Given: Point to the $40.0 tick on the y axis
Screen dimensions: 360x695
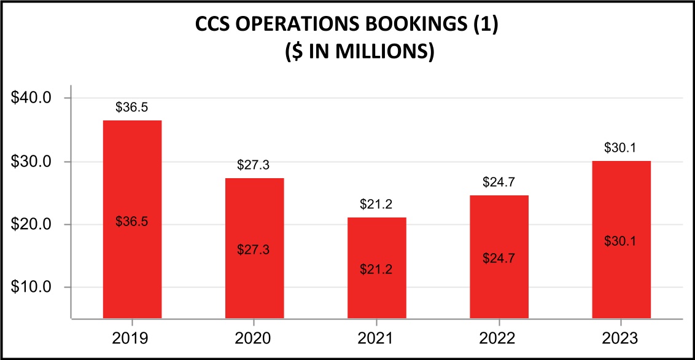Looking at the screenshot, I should [x=36, y=98].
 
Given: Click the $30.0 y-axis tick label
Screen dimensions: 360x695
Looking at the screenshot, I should [x=36, y=162].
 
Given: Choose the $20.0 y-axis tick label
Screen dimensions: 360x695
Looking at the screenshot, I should [x=36, y=224].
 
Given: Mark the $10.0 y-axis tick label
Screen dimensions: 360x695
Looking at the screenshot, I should [x=36, y=288].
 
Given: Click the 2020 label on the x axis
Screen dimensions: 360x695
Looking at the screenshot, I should [x=254, y=338].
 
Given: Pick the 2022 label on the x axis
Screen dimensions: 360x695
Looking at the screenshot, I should [x=499, y=338].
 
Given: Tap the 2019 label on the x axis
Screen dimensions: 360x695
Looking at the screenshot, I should [x=132, y=338].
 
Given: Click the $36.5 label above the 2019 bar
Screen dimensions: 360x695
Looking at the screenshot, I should [x=132, y=108].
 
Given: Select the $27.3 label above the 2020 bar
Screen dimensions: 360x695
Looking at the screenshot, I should [x=254, y=165].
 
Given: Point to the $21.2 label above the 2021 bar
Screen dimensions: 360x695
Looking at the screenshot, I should [x=376, y=205].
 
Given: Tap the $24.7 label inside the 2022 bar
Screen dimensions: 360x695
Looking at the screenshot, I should [x=499, y=257].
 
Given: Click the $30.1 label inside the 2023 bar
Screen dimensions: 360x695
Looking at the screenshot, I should [x=621, y=241].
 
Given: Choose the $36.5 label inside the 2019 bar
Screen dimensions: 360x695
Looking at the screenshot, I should [x=132, y=222].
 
